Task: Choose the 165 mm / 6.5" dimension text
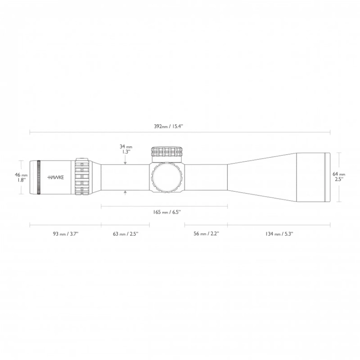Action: click(x=164, y=212)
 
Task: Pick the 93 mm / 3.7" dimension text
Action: click(x=65, y=233)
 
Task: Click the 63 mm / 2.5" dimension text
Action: click(x=125, y=233)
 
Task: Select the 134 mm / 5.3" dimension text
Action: click(x=279, y=233)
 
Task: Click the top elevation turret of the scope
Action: click(x=167, y=152)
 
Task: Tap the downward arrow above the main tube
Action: click(x=126, y=162)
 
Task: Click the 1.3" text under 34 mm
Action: click(x=126, y=152)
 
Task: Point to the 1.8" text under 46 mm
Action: click(x=21, y=180)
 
